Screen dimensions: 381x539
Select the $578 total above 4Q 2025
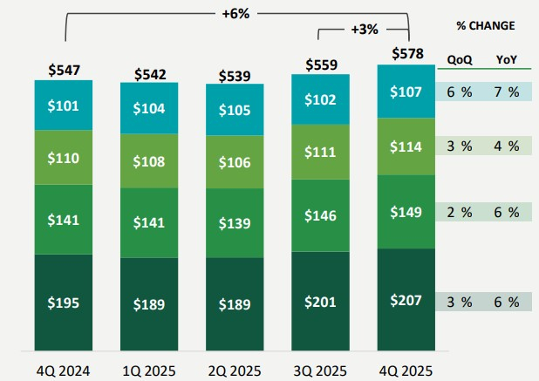click(407, 54)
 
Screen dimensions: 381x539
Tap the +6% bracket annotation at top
click(236, 13)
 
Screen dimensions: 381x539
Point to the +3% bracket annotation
click(364, 29)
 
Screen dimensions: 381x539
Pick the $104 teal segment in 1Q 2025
click(150, 109)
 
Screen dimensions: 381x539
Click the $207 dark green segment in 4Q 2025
click(407, 301)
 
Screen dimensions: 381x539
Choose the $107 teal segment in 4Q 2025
click(407, 92)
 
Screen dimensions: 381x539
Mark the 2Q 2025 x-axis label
click(235, 370)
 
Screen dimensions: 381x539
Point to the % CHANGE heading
click(485, 25)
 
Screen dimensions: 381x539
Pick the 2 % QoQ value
click(460, 212)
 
